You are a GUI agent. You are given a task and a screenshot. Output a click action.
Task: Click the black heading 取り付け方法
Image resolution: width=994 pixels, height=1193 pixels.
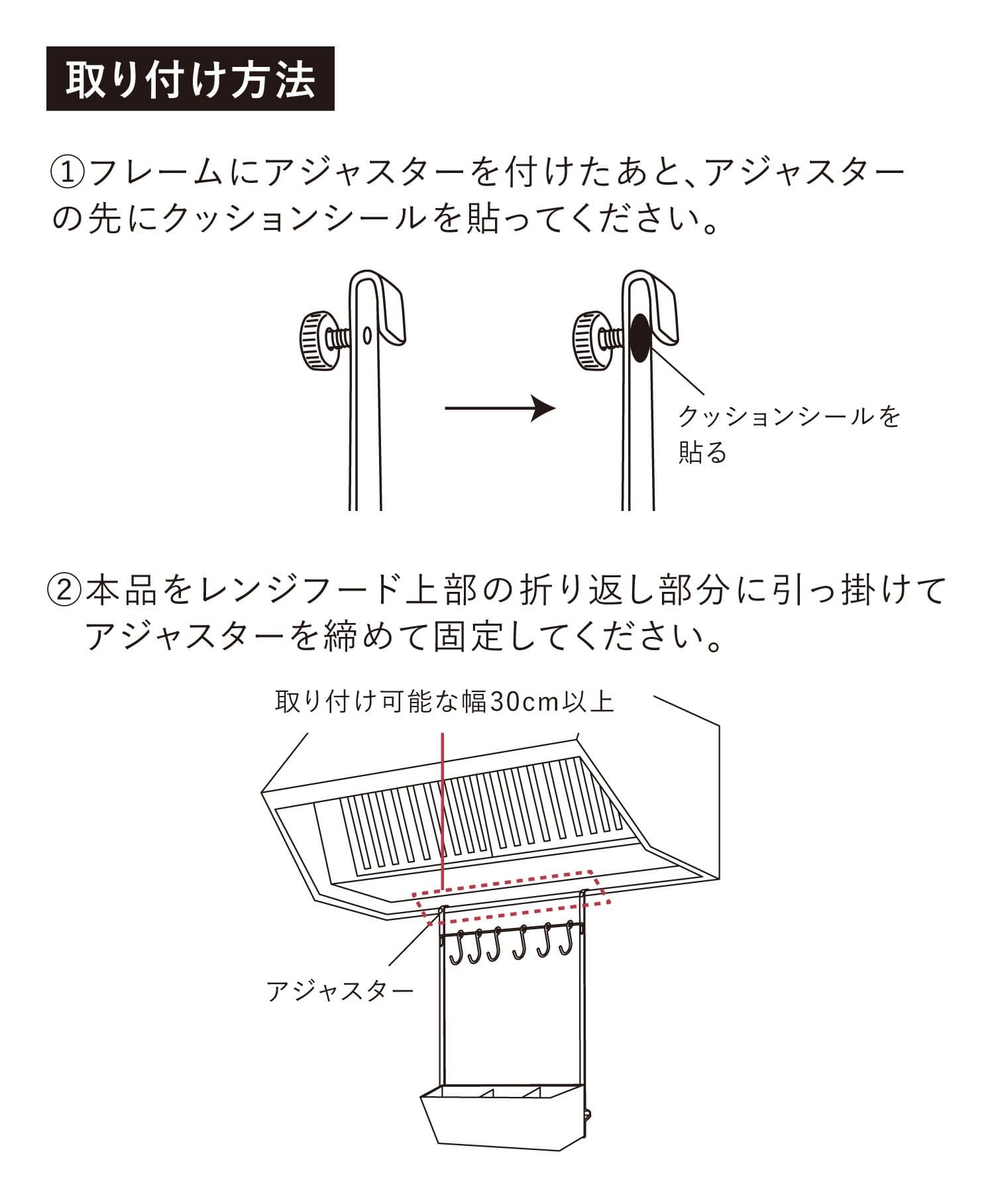click(190, 79)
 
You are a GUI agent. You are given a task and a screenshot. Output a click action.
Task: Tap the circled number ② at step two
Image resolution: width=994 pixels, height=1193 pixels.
click(65, 591)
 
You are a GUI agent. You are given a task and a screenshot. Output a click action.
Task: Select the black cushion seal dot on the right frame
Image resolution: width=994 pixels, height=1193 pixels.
click(640, 338)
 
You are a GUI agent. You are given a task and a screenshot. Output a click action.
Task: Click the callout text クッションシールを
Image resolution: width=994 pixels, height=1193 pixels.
click(789, 417)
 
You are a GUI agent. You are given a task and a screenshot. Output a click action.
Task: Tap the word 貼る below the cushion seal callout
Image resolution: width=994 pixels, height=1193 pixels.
click(702, 453)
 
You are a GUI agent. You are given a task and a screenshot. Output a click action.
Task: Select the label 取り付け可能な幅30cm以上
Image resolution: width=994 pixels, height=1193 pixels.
click(444, 702)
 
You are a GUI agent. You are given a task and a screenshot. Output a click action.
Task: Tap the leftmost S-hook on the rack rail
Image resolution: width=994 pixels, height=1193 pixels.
click(457, 946)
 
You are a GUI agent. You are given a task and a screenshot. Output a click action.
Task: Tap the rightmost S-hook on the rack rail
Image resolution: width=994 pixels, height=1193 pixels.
click(565, 942)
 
